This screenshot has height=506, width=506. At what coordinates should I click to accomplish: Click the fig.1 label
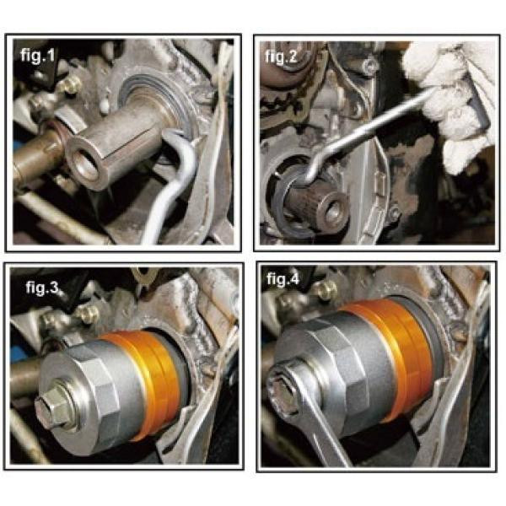38,56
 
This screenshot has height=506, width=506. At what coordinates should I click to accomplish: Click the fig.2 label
282,57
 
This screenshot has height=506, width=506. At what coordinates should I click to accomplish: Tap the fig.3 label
42,287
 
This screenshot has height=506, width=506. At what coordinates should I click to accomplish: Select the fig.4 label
283,279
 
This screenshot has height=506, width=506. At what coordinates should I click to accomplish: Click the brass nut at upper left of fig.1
72,84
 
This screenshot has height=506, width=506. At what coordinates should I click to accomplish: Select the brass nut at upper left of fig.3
88,312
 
